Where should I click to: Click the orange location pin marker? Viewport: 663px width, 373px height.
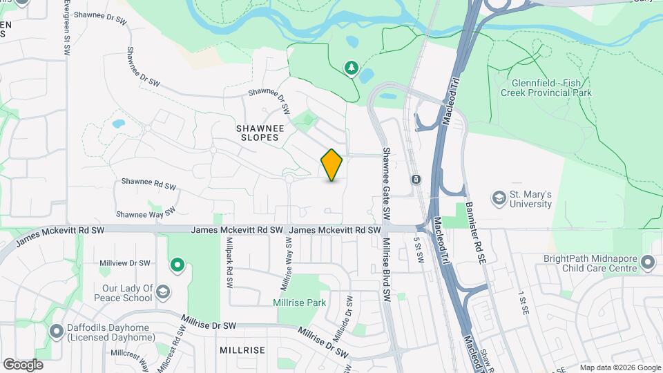(331, 165)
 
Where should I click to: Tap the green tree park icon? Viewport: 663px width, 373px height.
(352, 67)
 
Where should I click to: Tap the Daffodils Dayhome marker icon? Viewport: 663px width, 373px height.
(56, 332)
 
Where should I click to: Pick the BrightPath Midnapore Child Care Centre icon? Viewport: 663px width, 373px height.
(647, 262)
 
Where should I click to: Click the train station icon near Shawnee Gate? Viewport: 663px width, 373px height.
(416, 180)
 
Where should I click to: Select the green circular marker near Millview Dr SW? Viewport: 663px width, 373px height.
(177, 264)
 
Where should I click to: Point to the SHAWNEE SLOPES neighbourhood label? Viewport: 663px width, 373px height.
(257, 133)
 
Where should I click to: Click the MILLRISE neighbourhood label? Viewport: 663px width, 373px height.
(242, 350)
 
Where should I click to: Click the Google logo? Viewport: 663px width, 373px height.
(23, 365)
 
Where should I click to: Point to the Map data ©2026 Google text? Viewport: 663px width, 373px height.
(620, 367)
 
